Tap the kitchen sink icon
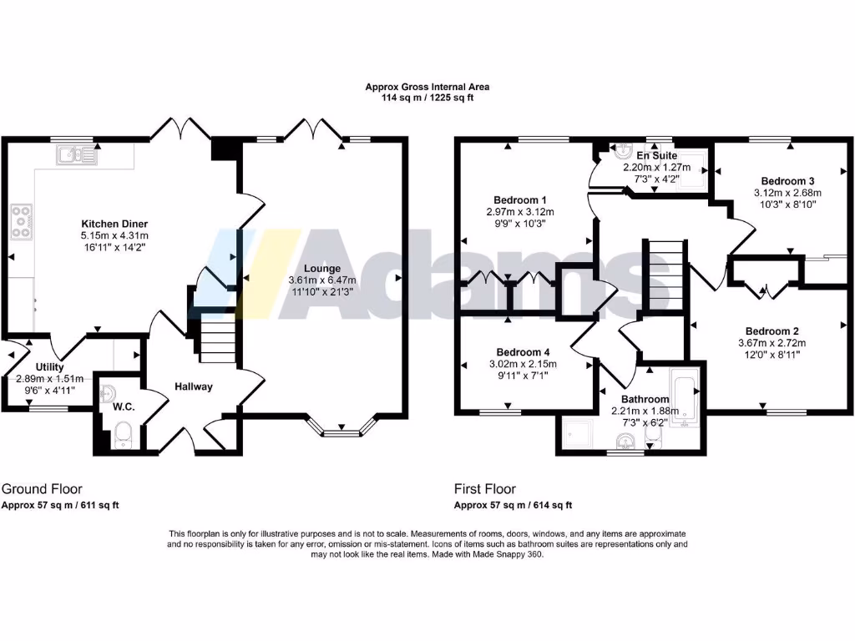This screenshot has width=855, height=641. coord(76,154)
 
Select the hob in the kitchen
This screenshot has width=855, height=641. coord(22,221)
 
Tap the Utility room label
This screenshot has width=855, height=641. coord(49,367)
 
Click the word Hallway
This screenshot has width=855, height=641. coord(194,386)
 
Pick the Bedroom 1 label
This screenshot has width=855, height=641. coord(519,200)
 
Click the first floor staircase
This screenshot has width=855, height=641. coord(665,274)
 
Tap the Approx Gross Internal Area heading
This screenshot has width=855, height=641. coord(427,87)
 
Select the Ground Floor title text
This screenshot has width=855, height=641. coord(42,489)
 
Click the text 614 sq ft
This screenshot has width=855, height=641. coord(551,505)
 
